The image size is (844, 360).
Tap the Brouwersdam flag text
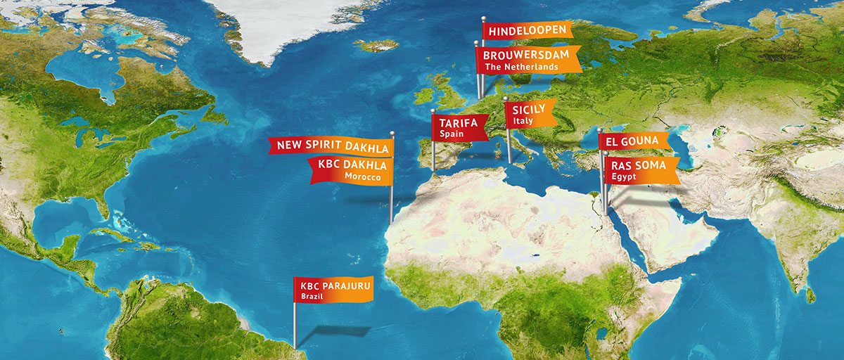coord(525,54)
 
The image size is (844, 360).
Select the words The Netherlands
coord(526,67)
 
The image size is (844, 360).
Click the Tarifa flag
coord(459,123)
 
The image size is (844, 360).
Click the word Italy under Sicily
coord(523,121)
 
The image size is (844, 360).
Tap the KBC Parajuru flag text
coord(336,286)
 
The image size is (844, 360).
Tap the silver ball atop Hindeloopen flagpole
coord(484,19)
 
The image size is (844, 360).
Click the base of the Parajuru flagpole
coord(295,346)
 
